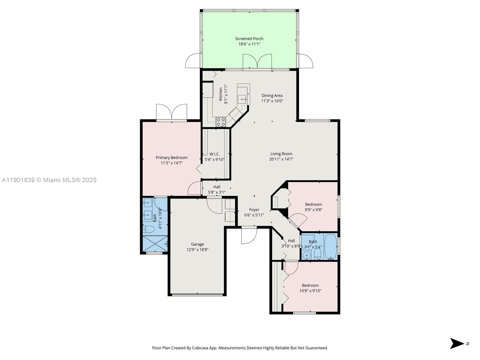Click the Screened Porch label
point(249,39)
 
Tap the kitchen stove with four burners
point(221,122)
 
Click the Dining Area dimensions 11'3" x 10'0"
point(272,101)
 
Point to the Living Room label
point(281,154)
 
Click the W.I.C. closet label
point(214,154)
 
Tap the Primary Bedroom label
point(171,157)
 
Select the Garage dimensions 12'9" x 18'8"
point(197,250)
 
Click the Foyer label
point(254,210)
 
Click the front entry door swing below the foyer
point(248,235)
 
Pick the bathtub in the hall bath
point(331,246)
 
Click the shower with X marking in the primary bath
point(155,244)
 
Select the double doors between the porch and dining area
point(257,61)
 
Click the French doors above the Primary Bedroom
point(171,112)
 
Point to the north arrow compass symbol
point(457,343)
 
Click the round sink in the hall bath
point(306,256)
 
